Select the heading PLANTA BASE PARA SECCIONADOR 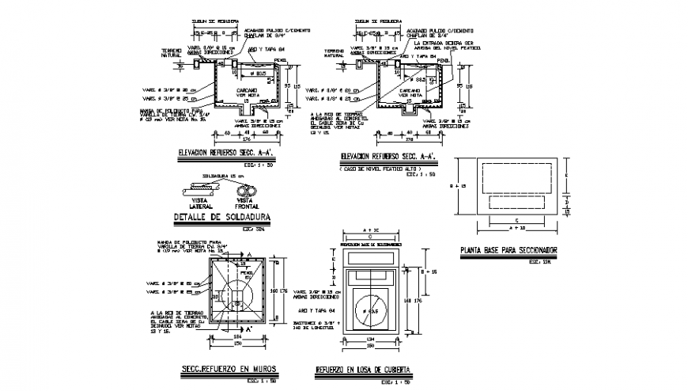pyautogui.click(x=508, y=251)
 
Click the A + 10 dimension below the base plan pyautogui.click(x=518, y=227)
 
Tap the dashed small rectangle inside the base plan pyautogui.click(x=518, y=200)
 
